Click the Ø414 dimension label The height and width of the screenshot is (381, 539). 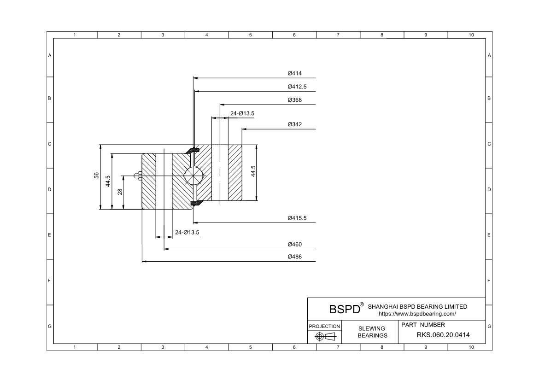click(x=294, y=73)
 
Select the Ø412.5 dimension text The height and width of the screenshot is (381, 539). click(x=297, y=87)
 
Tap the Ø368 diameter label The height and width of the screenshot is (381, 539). click(x=294, y=100)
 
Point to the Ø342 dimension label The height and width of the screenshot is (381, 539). click(x=294, y=124)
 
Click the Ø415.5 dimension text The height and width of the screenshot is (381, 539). click(x=297, y=218)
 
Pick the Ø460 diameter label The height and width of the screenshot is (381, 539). click(x=294, y=245)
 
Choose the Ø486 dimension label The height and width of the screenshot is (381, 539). click(x=294, y=257)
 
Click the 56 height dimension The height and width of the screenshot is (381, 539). click(x=96, y=176)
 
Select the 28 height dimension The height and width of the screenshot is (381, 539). click(x=120, y=192)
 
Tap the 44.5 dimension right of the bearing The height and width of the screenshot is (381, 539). click(x=253, y=171)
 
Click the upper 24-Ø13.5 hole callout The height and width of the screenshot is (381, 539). click(x=242, y=113)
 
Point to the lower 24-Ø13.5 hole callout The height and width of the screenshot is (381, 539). click(x=187, y=232)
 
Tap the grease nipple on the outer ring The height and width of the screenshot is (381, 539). click(x=137, y=176)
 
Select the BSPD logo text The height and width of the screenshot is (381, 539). click(x=344, y=309)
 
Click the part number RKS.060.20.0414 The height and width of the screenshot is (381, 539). click(x=437, y=335)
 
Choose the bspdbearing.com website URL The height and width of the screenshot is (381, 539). click(x=417, y=314)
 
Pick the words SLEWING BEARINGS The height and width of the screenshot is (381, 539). click(x=372, y=332)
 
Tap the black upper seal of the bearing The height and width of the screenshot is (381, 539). click(x=193, y=150)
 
